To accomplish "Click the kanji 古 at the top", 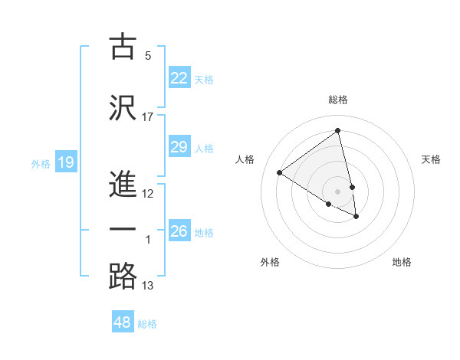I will [x=123, y=47].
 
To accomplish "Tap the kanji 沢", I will [x=123, y=106].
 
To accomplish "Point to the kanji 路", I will [x=123, y=277].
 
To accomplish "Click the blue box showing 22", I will [x=179, y=77].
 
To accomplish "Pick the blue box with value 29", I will [x=179, y=147].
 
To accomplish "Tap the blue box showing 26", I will [x=179, y=231].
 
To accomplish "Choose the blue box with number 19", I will [x=65, y=162].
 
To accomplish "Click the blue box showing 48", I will [x=123, y=322].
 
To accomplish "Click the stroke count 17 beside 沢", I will [x=148, y=116].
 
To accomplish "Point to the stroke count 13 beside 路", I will [x=148, y=286].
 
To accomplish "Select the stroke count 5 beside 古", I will [x=148, y=56].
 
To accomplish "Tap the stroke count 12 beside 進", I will [x=148, y=194].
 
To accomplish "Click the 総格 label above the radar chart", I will [x=338, y=100].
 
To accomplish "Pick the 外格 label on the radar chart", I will [x=270, y=262].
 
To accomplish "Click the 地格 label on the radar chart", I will [x=402, y=262].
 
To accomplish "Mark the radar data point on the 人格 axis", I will [x=280, y=172].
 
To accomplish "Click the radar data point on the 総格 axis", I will [x=338, y=130].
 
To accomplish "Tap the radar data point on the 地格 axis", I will [x=356, y=217].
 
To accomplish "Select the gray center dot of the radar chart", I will [x=338, y=191].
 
